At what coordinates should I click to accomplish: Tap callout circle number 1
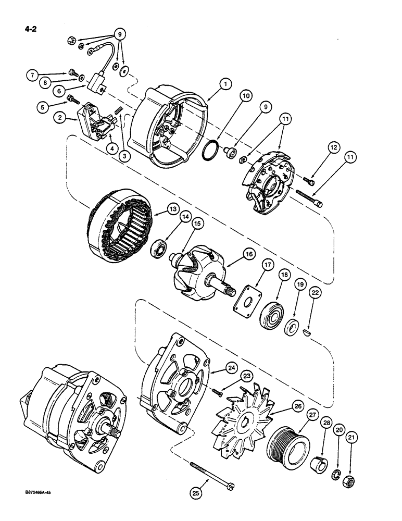tap(224, 83)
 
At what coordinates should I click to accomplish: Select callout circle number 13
tap(172, 209)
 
